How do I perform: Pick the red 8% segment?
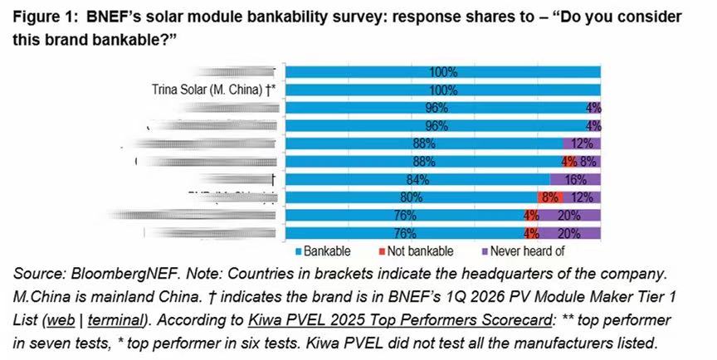549,197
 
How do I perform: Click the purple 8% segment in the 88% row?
588,161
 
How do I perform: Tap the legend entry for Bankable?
326,250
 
